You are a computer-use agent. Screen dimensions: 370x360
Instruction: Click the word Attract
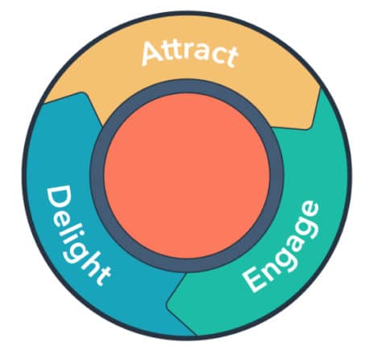[x=190, y=54]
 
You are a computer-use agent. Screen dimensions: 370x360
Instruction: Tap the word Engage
[x=281, y=246]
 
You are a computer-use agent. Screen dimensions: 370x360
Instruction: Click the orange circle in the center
[x=187, y=176]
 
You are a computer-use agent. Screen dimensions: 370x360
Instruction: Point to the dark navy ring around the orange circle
[x=98, y=176]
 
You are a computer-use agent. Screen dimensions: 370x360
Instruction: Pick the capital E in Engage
[x=255, y=279]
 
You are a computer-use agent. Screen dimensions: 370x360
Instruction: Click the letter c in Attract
[x=216, y=57]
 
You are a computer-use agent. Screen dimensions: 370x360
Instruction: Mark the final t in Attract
[x=231, y=58]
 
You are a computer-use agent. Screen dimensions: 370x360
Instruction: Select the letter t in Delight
[x=102, y=276]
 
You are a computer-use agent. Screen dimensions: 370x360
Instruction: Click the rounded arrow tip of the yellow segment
[x=309, y=126]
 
